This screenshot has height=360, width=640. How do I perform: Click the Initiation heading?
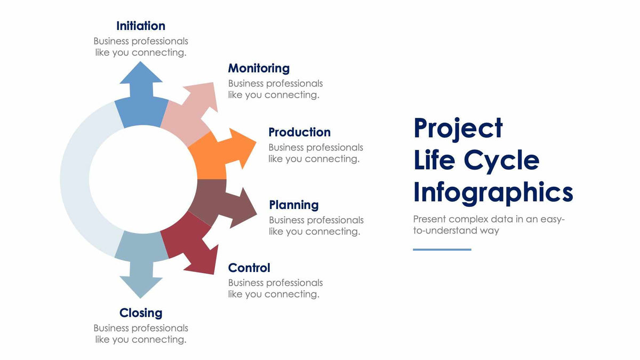141,26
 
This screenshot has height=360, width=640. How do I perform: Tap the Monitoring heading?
259,68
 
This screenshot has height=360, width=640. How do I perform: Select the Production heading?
299,132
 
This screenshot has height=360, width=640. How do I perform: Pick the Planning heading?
294,205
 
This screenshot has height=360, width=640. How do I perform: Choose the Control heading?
249,268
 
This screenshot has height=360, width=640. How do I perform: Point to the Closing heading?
141,313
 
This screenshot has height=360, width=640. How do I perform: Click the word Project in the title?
458,128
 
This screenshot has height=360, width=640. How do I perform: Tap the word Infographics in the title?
493,192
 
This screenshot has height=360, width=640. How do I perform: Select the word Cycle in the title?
501,160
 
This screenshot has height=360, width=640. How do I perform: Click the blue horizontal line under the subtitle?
442,249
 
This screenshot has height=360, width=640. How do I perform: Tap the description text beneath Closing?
141,334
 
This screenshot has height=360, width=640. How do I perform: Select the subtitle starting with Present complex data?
489,225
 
